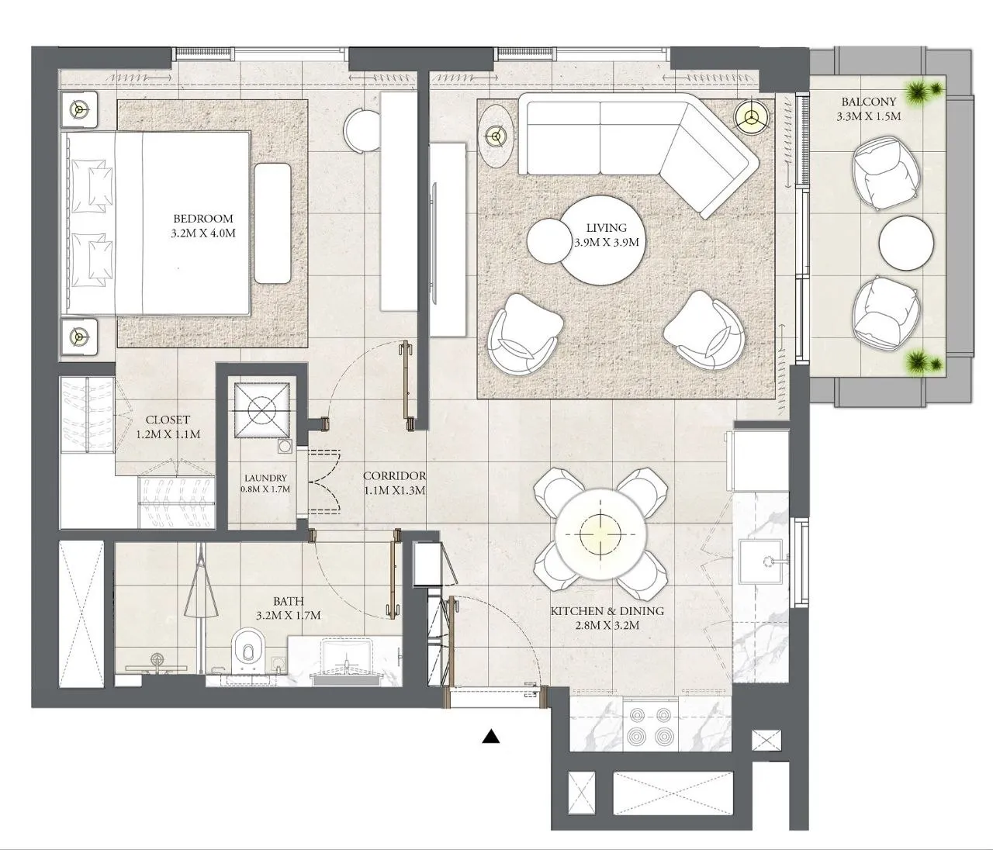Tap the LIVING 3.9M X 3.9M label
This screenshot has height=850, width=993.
[606, 235]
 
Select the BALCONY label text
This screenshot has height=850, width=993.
[868, 109]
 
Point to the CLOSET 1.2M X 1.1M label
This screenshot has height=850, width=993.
[168, 427]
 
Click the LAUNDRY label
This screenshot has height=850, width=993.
[265, 484]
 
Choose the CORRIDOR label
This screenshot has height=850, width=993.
[394, 482]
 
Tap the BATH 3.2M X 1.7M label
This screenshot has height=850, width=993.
[288, 608]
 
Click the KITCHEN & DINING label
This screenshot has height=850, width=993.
[607, 618]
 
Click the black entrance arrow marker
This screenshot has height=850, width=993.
[490, 737]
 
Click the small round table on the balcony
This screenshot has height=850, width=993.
[905, 243]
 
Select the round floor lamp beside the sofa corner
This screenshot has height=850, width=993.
[750, 116]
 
